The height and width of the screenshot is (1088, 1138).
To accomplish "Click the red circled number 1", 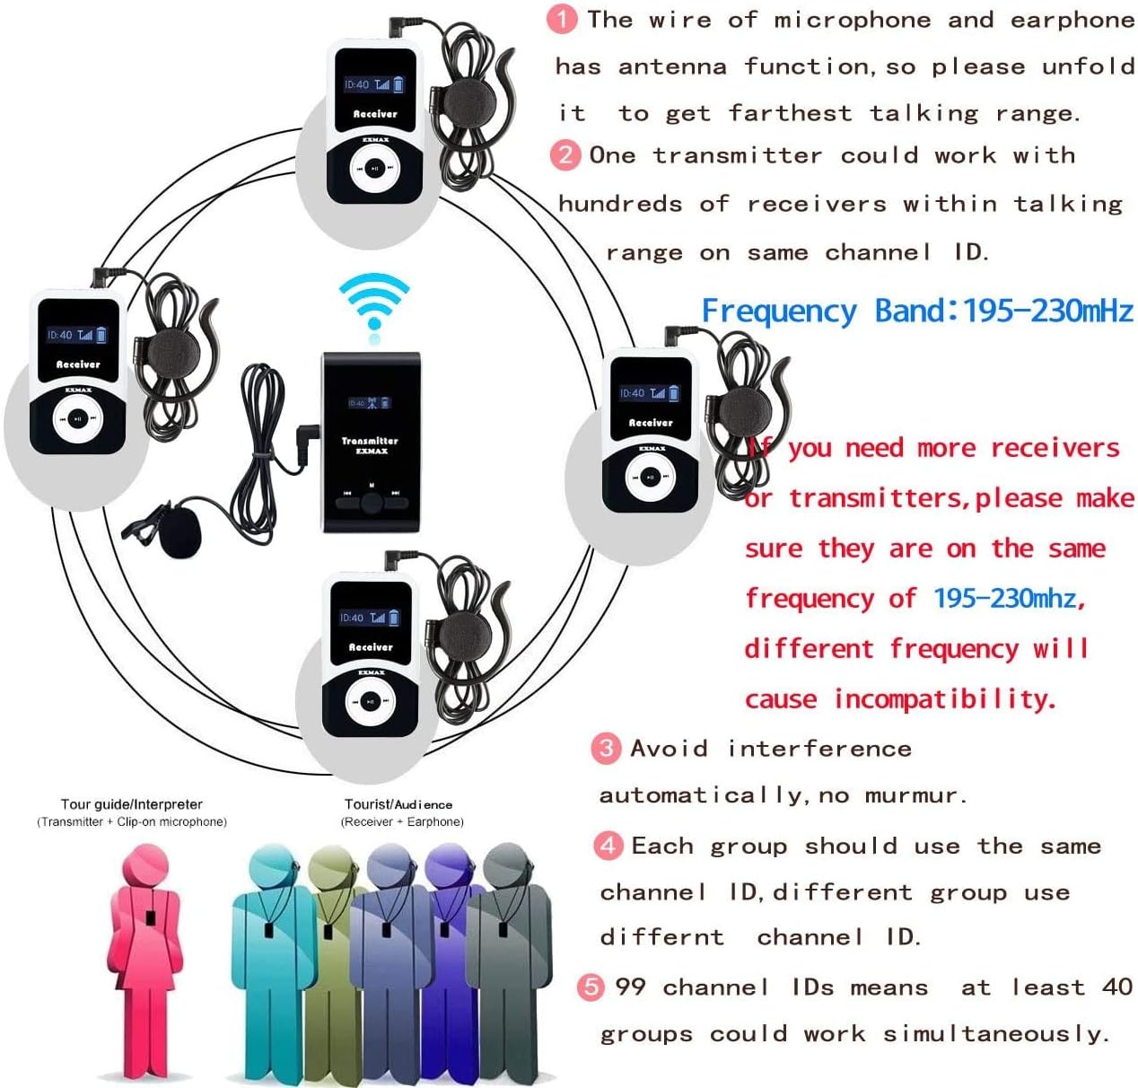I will [562, 19].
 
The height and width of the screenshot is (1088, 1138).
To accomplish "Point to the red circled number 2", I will [565, 154].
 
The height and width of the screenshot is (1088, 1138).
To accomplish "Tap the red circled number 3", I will [607, 748].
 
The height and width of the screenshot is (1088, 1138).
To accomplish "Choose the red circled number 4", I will [608, 845].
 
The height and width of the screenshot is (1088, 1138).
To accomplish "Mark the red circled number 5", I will [591, 987].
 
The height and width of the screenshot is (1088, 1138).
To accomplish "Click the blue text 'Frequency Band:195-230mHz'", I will [917, 311].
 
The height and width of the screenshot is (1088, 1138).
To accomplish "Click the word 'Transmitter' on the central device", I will [370, 441].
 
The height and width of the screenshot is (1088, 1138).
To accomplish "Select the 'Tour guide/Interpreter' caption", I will [132, 804].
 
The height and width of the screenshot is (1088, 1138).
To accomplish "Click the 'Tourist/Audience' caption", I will [398, 804].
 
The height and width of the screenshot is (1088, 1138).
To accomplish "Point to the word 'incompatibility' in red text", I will [944, 698].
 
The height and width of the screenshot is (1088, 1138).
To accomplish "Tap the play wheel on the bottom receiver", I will [370, 701].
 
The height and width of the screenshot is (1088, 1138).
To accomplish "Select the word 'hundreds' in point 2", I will [620, 204].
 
